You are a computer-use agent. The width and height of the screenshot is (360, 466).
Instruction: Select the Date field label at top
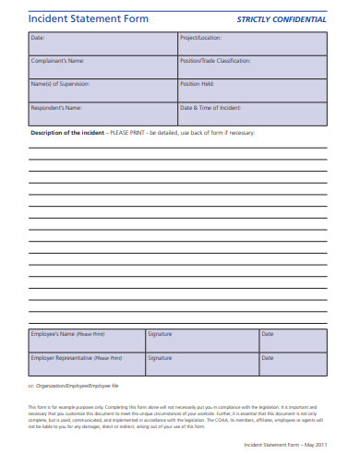pos(37,39)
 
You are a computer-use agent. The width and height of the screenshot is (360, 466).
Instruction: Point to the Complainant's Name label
pos(57,61)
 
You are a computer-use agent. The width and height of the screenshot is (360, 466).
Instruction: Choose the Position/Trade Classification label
pos(215,61)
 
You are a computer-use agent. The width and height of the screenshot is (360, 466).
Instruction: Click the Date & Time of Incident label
pos(211,107)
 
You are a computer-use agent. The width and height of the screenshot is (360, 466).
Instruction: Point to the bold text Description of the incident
pos(68,133)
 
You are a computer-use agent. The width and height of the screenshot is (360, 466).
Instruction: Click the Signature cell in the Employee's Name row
pos(160,333)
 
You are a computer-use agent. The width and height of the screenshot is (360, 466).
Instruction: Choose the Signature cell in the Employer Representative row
pos(160,357)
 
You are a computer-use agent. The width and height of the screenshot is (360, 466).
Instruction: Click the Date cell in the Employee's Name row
pos(268,333)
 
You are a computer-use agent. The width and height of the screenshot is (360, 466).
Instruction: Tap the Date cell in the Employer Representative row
pos(268,357)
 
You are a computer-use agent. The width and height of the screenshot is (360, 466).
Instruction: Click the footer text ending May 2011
pos(284,444)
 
